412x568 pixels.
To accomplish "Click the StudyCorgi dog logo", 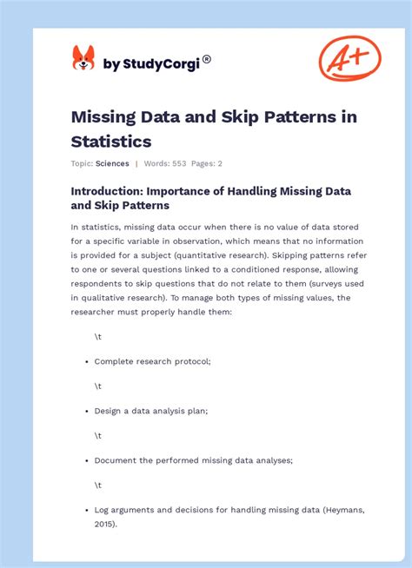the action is point(83,59).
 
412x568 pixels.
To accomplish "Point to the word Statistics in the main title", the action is point(112,141).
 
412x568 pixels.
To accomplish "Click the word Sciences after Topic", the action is point(112,163).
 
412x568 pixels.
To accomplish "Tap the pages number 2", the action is point(221,163).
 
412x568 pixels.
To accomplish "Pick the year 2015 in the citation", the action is point(104,524).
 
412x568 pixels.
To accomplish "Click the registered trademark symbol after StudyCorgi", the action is point(206,59).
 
